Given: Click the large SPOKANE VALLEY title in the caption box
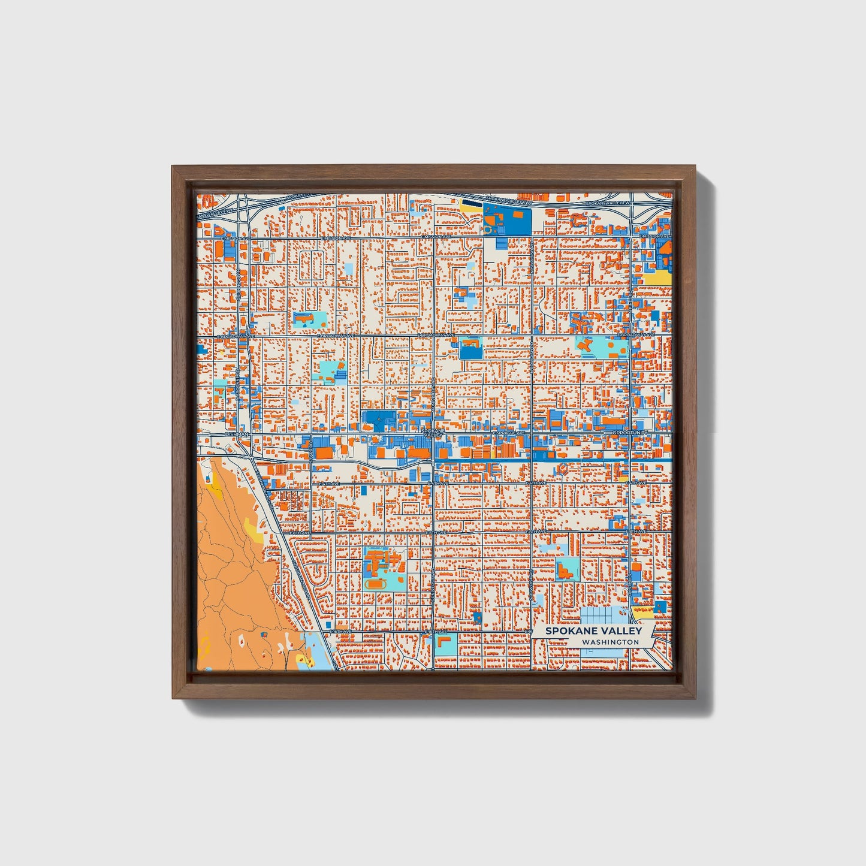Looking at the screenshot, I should click(x=593, y=630).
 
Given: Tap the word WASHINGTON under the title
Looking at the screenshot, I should click(x=610, y=642).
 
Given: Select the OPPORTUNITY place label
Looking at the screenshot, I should click(x=631, y=432).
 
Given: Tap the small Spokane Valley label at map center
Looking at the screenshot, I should click(x=433, y=432).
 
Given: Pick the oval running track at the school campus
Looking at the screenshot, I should click(x=376, y=583).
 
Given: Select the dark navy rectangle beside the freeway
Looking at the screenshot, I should click(x=473, y=203).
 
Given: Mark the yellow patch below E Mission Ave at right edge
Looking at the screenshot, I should click(x=658, y=276).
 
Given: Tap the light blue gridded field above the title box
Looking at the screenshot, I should click(x=603, y=615).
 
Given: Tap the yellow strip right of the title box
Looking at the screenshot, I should click(x=643, y=612).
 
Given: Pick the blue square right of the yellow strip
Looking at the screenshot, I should click(x=660, y=606).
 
